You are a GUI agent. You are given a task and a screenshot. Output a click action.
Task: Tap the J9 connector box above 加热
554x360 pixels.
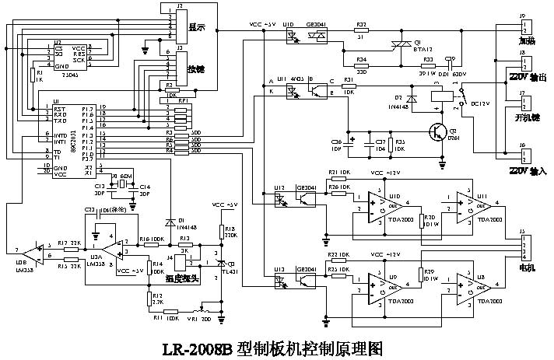click(523, 26)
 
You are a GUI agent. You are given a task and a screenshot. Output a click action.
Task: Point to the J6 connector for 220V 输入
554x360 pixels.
click(523, 153)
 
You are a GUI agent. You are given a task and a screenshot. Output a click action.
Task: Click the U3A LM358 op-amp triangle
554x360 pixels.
click(117, 247)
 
